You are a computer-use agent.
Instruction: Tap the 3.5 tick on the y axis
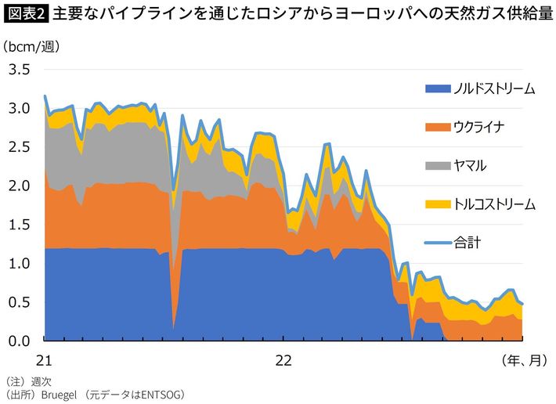[20, 70]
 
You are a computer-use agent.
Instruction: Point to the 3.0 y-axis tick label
[20, 108]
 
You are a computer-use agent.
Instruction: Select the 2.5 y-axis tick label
[20, 147]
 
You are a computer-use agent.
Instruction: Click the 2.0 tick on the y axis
[20, 186]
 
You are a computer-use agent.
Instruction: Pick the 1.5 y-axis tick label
[20, 225]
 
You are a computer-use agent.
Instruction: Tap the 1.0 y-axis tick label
[20, 263]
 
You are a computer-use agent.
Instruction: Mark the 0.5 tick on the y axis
[20, 302]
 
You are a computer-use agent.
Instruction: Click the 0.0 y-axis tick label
[20, 341]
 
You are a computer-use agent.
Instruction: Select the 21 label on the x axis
[45, 360]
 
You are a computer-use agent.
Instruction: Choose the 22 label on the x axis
[283, 360]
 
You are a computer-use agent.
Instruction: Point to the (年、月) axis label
[522, 360]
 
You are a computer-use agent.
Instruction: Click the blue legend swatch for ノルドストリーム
[438, 88]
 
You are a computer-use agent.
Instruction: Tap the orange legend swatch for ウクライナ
[438, 127]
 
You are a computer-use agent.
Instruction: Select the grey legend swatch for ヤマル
[438, 165]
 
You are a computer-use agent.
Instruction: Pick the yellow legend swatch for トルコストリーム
[438, 204]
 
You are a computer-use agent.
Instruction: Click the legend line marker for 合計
[438, 243]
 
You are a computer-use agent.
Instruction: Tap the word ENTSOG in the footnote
[161, 395]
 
